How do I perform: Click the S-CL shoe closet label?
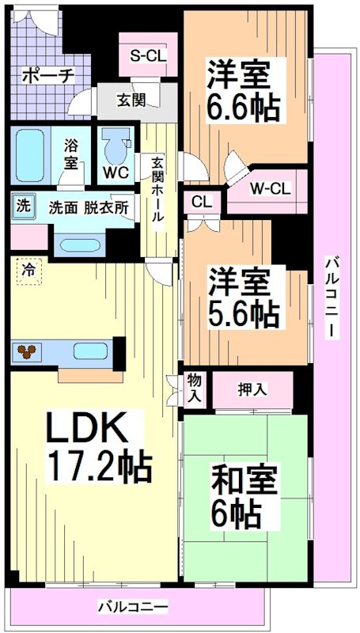[147, 56]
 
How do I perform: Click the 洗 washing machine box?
[23, 207]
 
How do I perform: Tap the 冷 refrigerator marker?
[29, 269]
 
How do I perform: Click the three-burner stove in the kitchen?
[29, 351]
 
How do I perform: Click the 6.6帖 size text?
[244, 108]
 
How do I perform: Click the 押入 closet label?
[252, 389]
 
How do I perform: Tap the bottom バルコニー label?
[133, 608]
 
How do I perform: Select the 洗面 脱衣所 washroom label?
[88, 209]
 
